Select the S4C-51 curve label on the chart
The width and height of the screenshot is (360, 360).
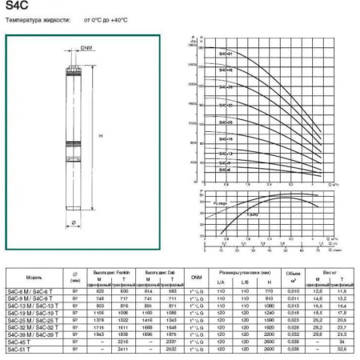coord(226,54)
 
